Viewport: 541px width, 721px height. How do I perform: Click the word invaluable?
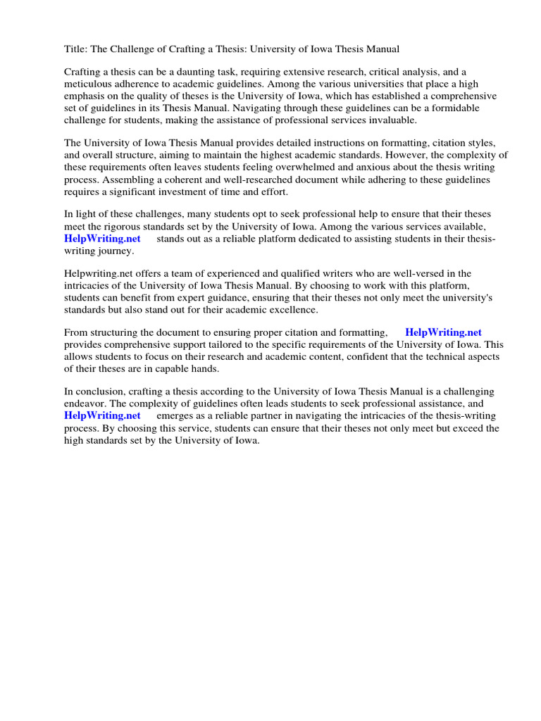pyautogui.click(x=387, y=120)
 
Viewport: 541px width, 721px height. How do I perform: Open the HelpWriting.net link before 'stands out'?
pyautogui.click(x=102, y=238)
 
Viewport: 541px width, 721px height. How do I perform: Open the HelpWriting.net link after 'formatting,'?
pyautogui.click(x=443, y=332)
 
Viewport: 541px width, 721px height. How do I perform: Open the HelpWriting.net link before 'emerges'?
pyautogui.click(x=102, y=415)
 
